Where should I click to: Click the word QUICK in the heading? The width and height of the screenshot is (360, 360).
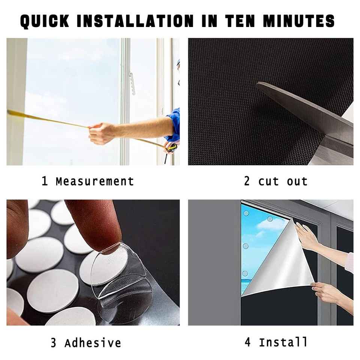45,21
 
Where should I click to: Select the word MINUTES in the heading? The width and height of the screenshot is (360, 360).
299,21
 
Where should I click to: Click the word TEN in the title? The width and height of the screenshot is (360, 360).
240,21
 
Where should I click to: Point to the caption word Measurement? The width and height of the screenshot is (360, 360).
95,181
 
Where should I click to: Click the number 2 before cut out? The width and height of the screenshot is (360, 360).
247,181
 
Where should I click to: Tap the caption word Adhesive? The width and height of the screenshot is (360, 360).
93,343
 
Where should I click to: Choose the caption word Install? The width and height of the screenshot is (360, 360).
283,342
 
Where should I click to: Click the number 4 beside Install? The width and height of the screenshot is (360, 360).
247,342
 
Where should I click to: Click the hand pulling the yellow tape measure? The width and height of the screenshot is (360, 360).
101,133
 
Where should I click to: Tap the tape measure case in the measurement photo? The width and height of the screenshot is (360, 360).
171,148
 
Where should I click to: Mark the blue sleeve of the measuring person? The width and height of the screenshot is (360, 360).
173,124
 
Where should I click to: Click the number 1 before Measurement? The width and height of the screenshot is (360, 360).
45,181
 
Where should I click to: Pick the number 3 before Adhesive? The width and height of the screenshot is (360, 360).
53,343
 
